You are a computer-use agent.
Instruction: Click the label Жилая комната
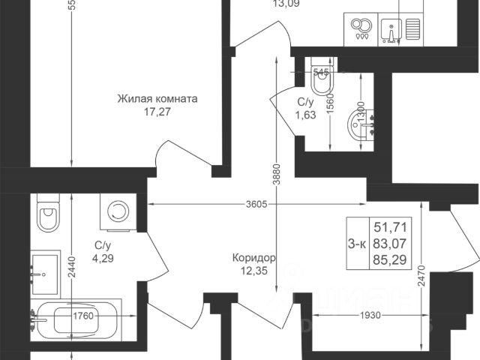[157, 98]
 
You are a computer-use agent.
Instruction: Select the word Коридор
[253, 258]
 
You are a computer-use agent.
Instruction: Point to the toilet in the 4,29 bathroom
[47, 214]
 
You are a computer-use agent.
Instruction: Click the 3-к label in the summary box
[358, 242]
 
